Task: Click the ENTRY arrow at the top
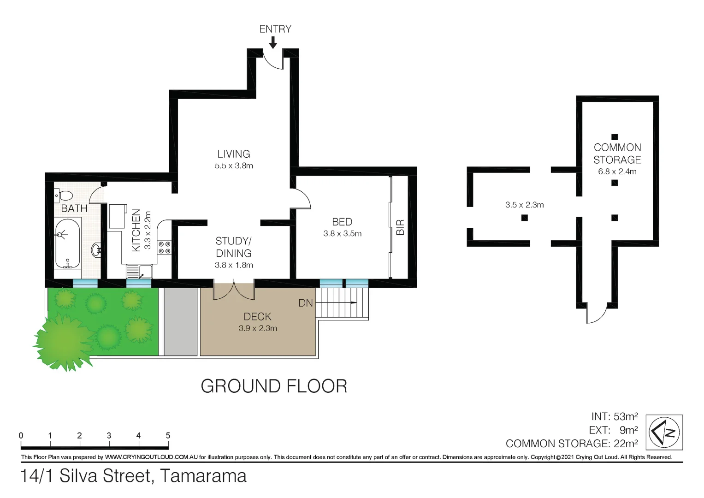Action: coord(273,42)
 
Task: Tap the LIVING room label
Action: coord(234,154)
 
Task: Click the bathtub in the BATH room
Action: coord(68,243)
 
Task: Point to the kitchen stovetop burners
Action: coord(164,247)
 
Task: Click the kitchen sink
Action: coord(140,272)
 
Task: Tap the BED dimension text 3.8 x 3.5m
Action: coord(342,234)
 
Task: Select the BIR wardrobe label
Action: coord(400,227)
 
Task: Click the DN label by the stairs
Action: coord(306,303)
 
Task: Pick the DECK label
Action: coord(257,317)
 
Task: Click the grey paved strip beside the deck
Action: coord(180,321)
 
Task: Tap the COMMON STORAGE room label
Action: coord(617,154)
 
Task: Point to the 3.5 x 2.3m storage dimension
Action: coord(524,205)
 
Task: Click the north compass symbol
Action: coord(664,432)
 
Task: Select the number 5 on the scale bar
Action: coord(168,435)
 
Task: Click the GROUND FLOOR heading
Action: coord(274,386)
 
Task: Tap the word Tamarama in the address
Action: coord(203,476)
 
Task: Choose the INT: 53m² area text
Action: coord(614,416)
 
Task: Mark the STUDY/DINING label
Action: coord(234,247)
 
